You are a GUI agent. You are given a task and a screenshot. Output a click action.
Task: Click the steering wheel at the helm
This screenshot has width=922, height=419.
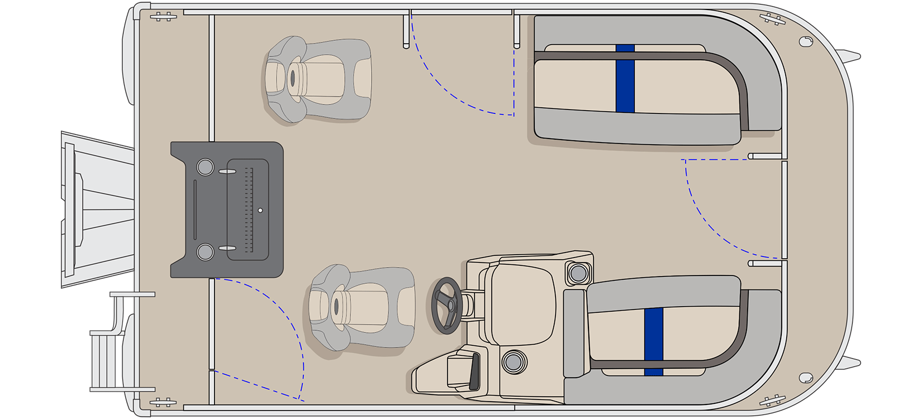[448, 306]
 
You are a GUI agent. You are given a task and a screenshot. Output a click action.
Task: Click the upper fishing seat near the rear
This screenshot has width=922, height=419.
[317, 79]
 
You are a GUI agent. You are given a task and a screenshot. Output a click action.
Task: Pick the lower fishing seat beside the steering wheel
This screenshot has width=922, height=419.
[362, 307]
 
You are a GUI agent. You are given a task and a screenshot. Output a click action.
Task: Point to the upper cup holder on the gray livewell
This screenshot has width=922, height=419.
[205, 166]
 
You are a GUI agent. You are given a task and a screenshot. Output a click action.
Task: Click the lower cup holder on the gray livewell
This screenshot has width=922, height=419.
[205, 251]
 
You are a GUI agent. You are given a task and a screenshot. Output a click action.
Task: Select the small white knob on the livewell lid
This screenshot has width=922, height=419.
[260, 211]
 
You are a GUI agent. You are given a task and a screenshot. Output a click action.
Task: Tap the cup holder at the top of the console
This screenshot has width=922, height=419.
[578, 273]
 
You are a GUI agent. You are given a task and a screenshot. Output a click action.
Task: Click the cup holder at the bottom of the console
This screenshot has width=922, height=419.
[514, 361]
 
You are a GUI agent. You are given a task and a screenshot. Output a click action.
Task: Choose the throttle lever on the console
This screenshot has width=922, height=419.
[474, 371]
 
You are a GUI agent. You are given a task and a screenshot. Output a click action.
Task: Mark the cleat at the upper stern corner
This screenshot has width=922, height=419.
[163, 17]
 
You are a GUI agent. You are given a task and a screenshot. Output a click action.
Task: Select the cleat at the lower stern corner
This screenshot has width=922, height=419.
[163, 402]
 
